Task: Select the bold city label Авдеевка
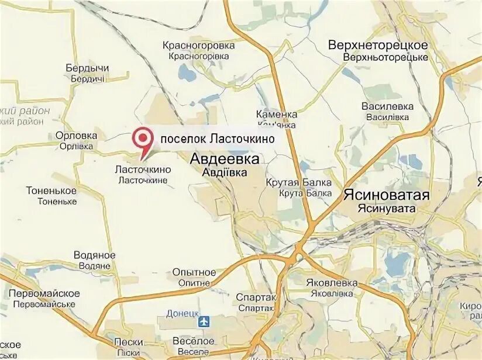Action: (218, 159)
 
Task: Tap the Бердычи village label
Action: (88, 68)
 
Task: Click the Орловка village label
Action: (76, 136)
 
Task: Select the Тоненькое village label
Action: (51, 191)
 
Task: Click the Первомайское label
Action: (44, 293)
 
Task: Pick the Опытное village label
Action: (194, 272)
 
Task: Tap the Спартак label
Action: (256, 297)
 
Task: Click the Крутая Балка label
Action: (298, 183)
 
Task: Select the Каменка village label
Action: (277, 115)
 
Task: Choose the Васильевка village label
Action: (387, 106)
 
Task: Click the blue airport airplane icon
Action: (204, 321)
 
